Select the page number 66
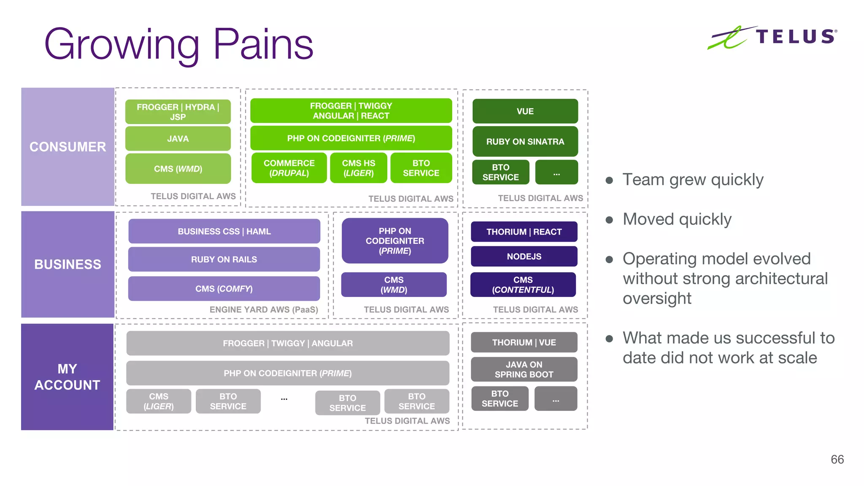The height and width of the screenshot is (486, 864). click(x=837, y=459)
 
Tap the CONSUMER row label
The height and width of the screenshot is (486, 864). click(x=67, y=147)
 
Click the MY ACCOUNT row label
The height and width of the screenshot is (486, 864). click(x=67, y=377)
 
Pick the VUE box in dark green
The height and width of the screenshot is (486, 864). click(x=525, y=111)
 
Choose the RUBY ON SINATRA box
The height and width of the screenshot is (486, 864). click(x=525, y=142)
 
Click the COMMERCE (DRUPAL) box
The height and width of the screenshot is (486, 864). click(x=289, y=168)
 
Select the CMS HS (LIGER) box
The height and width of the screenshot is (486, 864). click(x=358, y=168)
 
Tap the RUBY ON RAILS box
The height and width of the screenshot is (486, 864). click(x=224, y=259)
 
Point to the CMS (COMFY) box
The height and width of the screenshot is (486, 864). click(x=224, y=289)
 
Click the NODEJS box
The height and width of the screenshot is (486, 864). click(x=524, y=256)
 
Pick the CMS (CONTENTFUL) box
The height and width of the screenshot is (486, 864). click(x=523, y=285)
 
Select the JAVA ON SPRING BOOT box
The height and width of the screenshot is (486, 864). click(x=524, y=369)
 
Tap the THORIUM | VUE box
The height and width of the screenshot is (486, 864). click(x=524, y=343)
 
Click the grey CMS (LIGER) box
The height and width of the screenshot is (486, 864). click(x=159, y=401)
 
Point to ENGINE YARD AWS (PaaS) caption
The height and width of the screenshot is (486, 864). click(x=264, y=310)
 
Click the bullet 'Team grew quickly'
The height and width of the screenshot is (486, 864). click(x=693, y=180)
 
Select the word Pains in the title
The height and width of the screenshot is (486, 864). click(x=263, y=44)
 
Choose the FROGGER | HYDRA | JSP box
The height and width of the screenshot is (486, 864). click(x=178, y=112)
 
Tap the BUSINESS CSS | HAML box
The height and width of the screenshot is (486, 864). click(x=224, y=231)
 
